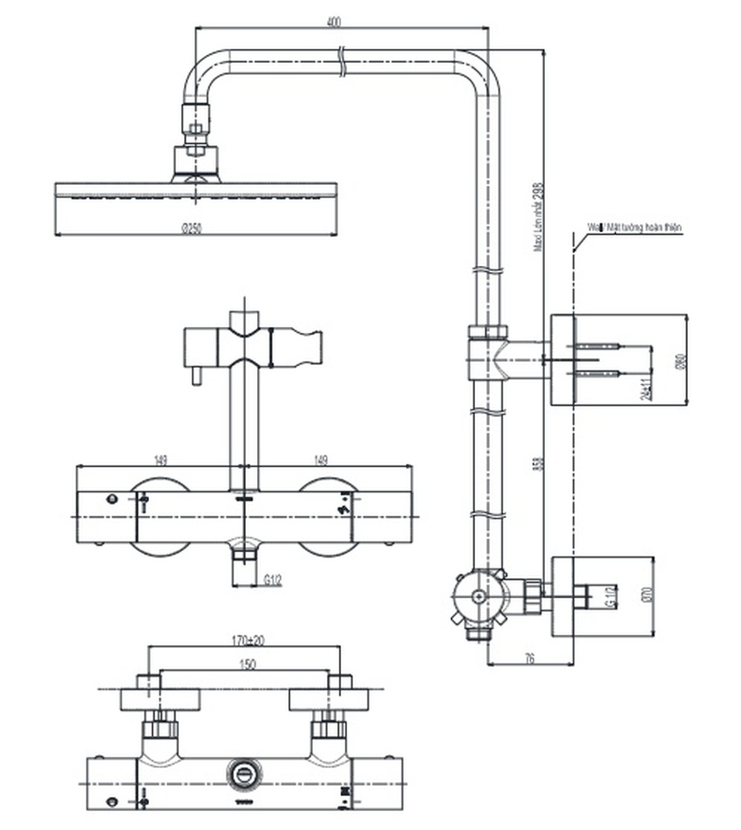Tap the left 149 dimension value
click(x=160, y=460)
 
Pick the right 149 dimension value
click(x=324, y=460)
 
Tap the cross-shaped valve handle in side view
click(x=477, y=597)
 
